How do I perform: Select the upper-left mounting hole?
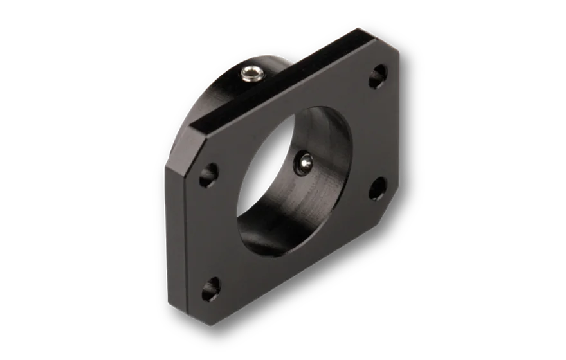click(x=208, y=174)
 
